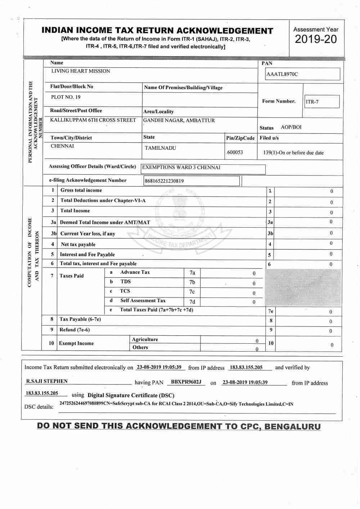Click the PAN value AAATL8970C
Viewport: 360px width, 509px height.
click(x=282, y=74)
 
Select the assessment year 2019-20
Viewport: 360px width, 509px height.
click(x=316, y=39)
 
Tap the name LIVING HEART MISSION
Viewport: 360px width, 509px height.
click(x=81, y=71)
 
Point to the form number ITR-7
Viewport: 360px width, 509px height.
click(x=312, y=102)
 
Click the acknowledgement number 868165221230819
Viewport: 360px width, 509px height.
click(x=164, y=181)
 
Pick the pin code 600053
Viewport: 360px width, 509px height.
click(x=235, y=152)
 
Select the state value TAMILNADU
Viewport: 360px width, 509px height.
click(x=160, y=148)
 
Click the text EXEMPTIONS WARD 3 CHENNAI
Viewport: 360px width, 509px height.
click(x=181, y=167)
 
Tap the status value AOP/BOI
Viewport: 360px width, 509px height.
click(x=291, y=127)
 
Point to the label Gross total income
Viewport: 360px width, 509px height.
click(x=81, y=190)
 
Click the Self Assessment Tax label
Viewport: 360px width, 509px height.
click(x=143, y=300)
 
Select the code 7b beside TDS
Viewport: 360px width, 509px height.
click(x=192, y=282)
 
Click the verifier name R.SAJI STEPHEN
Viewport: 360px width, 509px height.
click(x=47, y=381)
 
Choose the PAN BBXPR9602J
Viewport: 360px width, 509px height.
click(x=186, y=382)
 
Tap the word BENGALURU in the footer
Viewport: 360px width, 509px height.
click(x=292, y=427)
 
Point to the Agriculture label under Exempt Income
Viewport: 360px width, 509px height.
click(x=145, y=339)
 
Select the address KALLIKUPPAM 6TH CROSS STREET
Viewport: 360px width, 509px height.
click(x=93, y=120)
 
